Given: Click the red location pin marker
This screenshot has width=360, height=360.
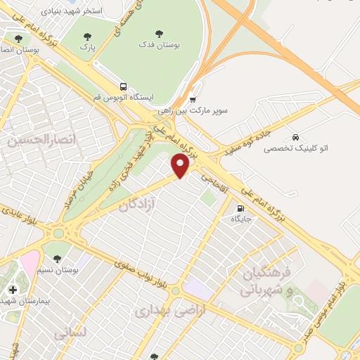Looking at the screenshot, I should point(181,165).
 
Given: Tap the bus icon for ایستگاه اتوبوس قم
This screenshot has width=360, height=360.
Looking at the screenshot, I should point(123,85).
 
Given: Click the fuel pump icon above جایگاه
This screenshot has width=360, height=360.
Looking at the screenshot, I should point(241,208).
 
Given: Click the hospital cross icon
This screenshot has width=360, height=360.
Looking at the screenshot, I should point(13,289).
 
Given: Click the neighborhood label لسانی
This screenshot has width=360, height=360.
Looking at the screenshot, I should point(69,335).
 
